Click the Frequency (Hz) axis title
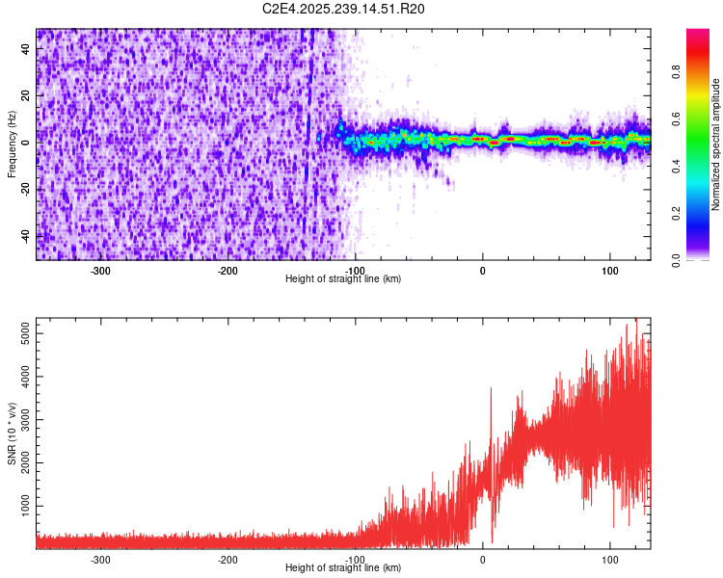(12, 144)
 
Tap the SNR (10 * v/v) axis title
(12, 433)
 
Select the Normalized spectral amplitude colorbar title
(716, 144)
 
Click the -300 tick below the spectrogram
(101, 271)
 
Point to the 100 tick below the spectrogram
(609, 271)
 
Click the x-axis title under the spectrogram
(343, 279)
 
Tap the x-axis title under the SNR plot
(343, 568)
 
